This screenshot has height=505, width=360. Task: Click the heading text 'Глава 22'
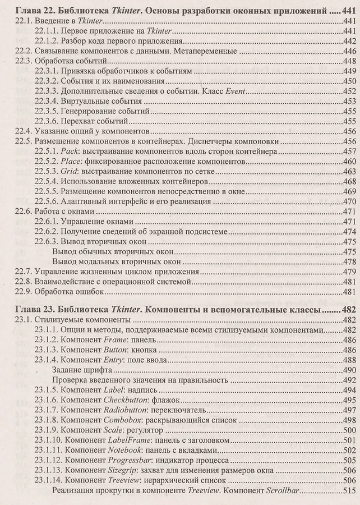tap(38, 10)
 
